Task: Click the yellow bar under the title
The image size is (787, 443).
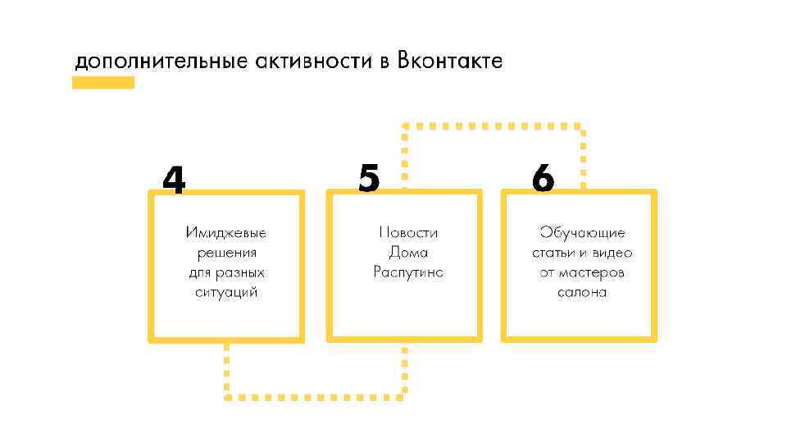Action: tap(103, 82)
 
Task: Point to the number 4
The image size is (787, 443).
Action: tap(174, 180)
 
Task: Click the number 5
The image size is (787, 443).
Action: tap(370, 178)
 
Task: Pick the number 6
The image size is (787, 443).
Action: tap(543, 178)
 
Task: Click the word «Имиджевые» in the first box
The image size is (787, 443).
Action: tap(226, 233)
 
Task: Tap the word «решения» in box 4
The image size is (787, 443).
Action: tap(226, 253)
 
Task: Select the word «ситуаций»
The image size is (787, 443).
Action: tap(226, 292)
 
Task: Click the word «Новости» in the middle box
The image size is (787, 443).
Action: tap(408, 233)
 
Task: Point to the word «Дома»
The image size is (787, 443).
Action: tap(408, 253)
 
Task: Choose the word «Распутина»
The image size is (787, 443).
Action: tap(408, 272)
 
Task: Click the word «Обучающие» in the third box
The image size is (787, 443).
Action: tap(582, 233)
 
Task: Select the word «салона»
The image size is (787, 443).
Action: tap(582, 292)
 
